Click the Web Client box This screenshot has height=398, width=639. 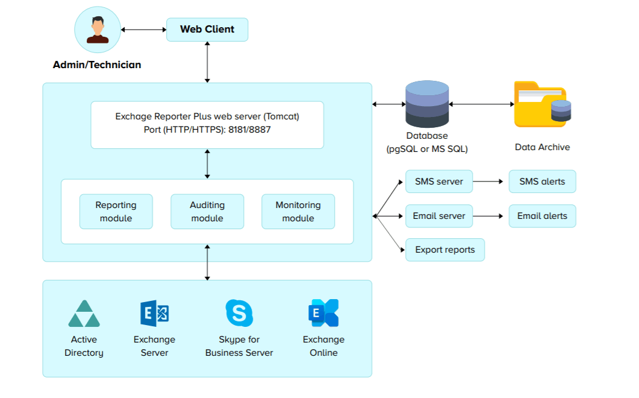click(x=207, y=30)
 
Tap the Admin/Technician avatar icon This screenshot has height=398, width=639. click(x=97, y=30)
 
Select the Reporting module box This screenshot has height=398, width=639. click(x=116, y=212)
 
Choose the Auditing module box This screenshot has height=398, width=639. click(x=207, y=212)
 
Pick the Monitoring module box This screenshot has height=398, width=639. click(x=298, y=212)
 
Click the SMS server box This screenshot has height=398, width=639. click(x=439, y=182)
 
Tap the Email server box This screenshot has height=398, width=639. click(x=439, y=216)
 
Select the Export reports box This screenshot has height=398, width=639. click(x=445, y=250)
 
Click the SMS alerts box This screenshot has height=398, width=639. click(x=542, y=182)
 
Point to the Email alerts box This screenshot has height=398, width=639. click(x=542, y=216)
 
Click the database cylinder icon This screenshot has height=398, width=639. click(x=427, y=104)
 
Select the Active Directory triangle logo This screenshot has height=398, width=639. click(x=84, y=314)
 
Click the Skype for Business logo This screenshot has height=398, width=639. click(x=239, y=314)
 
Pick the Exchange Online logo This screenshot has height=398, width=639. click(x=323, y=314)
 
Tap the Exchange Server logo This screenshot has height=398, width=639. click(x=154, y=314)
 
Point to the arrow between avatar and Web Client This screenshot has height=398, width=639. click(x=143, y=30)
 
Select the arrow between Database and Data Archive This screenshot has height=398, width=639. click(x=481, y=104)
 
